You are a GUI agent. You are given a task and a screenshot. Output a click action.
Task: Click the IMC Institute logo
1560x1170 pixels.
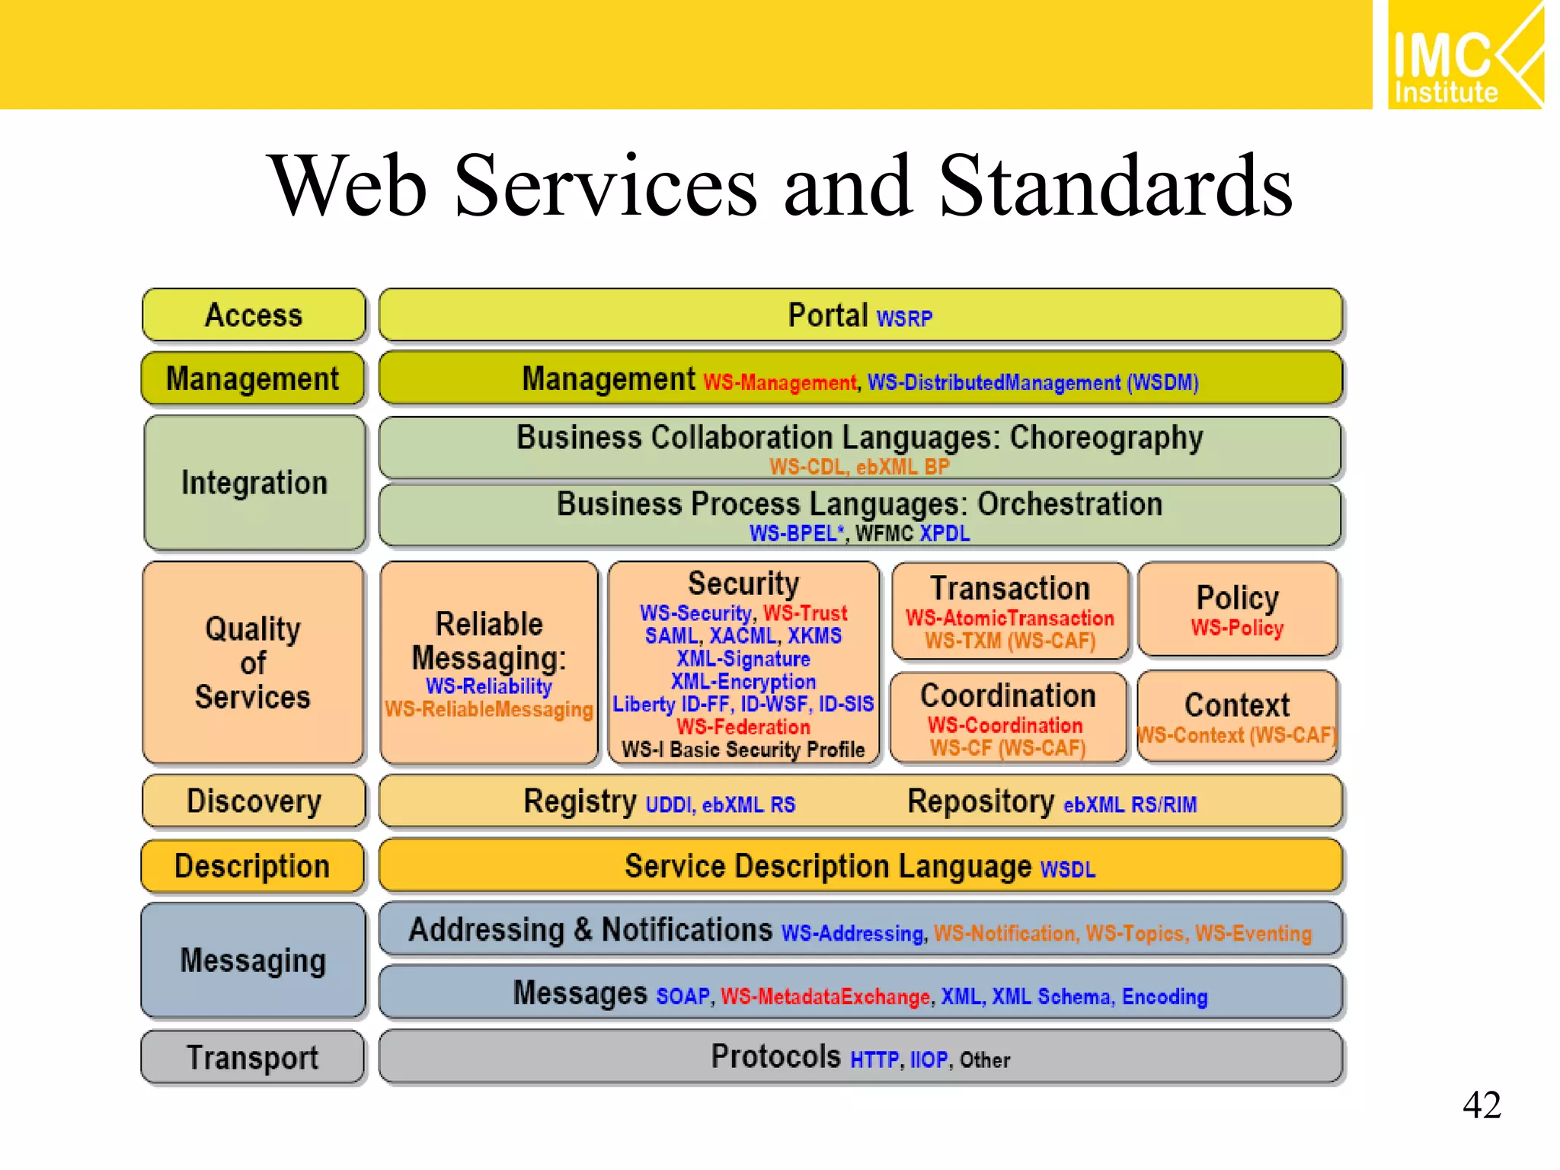click(x=1465, y=55)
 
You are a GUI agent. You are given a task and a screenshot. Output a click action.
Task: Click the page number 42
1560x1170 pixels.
click(x=1481, y=1104)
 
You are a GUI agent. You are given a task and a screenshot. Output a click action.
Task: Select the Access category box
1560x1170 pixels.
click(x=254, y=315)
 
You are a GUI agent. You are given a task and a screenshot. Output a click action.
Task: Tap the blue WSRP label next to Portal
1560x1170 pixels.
click(x=904, y=318)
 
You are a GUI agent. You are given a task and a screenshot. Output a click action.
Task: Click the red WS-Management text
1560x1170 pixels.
click(x=779, y=382)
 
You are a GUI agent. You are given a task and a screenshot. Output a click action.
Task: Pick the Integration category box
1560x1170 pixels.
click(x=254, y=483)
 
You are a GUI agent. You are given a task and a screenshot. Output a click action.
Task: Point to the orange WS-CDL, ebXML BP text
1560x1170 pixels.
click(x=859, y=466)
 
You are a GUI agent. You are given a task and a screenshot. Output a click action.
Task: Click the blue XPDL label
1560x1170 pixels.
click(x=945, y=533)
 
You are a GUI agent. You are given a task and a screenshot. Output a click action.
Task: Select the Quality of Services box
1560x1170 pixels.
click(x=253, y=663)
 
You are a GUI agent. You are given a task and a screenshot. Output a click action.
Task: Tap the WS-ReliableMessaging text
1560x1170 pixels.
click(x=488, y=709)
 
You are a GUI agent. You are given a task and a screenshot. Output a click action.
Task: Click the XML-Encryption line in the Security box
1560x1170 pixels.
click(x=743, y=681)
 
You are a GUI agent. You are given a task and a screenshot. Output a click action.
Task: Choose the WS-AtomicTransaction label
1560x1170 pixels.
click(x=1009, y=618)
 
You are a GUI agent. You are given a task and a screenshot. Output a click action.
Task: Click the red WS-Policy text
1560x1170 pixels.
click(x=1237, y=628)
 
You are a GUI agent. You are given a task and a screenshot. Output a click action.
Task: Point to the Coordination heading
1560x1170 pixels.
click(x=1008, y=695)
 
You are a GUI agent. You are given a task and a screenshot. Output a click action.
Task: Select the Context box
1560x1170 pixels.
click(x=1237, y=716)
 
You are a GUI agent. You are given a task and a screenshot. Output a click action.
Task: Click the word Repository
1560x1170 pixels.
click(x=980, y=801)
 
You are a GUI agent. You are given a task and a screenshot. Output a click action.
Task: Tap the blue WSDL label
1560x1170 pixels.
click(x=1068, y=869)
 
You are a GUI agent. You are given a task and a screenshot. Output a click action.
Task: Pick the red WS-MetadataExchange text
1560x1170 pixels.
click(x=826, y=996)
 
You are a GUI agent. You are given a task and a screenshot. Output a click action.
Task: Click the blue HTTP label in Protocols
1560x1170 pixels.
click(x=874, y=1060)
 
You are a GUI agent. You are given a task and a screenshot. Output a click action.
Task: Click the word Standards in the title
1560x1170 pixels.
click(x=1115, y=186)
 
